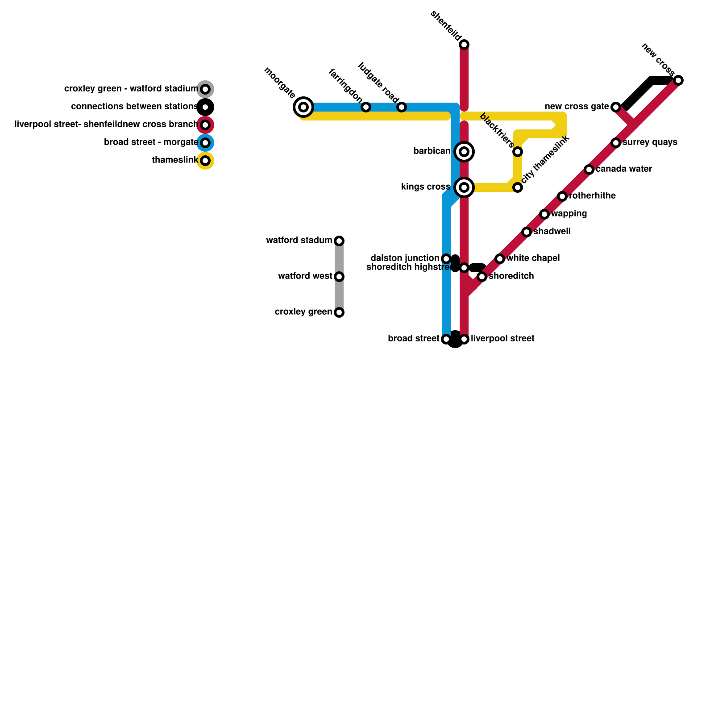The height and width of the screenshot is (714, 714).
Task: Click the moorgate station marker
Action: coord(303,107)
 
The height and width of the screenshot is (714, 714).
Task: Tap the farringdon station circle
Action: coord(366,107)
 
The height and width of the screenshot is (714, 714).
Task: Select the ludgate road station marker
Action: coord(402,107)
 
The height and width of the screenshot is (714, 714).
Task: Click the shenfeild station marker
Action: coord(464,45)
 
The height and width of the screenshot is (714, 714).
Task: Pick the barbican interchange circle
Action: coord(464,152)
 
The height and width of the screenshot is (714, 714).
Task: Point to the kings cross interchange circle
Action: coord(464,187)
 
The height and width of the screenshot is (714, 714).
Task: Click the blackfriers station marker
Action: coord(518,152)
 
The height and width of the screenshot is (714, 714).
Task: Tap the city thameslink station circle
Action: coord(518,187)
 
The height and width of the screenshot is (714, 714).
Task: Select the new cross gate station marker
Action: coord(616,107)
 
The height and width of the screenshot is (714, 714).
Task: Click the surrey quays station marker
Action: coord(616,143)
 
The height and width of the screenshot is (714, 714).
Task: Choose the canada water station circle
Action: coord(589,170)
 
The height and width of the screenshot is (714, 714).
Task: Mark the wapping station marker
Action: coord(544,214)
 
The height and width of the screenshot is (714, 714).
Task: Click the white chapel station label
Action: coord(533,258)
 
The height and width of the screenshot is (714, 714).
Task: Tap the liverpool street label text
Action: coord(502,339)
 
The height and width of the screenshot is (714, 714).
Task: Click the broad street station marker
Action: coord(446,339)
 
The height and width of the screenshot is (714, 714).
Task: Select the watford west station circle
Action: coord(339,277)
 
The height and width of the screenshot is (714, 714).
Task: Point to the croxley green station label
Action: coord(303,312)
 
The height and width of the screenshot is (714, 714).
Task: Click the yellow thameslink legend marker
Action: coord(205,161)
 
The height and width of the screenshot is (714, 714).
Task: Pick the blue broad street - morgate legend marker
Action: coord(205,143)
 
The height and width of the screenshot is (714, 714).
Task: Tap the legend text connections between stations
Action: coord(134,107)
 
